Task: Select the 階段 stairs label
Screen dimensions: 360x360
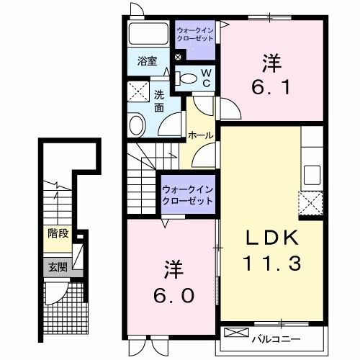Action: [58, 234]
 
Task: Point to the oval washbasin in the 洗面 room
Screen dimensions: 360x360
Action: [137, 125]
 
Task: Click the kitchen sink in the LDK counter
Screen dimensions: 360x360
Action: [312, 174]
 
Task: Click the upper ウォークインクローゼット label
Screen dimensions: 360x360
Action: [195, 37]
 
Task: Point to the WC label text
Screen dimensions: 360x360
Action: [204, 78]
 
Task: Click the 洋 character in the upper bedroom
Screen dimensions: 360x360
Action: [271, 63]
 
